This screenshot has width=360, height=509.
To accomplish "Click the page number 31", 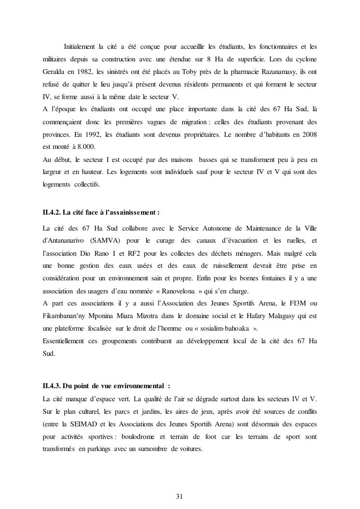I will [x=180, y=496].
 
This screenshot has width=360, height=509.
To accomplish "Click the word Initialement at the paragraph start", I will [x=79, y=46].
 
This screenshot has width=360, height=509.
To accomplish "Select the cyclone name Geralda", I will [x=54, y=72].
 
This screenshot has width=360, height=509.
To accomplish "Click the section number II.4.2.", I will [x=51, y=212].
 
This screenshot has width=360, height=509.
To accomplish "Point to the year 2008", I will [x=307, y=134].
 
